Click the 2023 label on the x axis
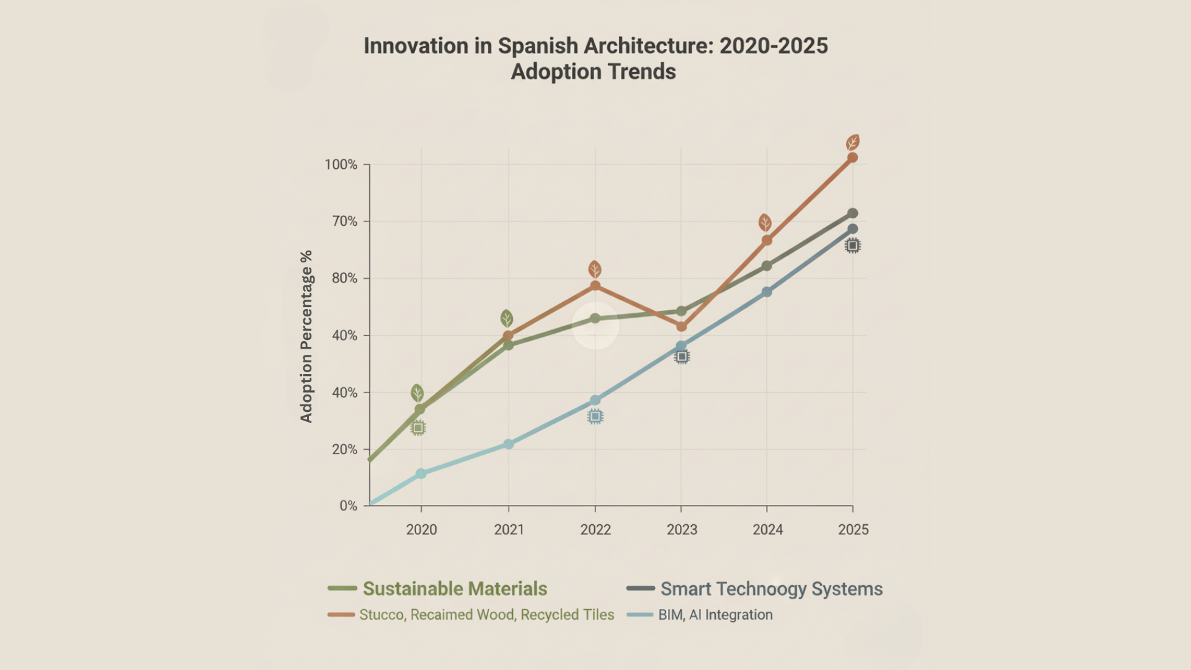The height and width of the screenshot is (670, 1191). pyautogui.click(x=682, y=529)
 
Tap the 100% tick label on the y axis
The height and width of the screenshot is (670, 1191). pyautogui.click(x=341, y=164)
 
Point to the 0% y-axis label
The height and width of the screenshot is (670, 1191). pyautogui.click(x=348, y=506)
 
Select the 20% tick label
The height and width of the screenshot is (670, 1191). pyautogui.click(x=344, y=449)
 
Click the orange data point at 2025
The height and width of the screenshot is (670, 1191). pyautogui.click(x=852, y=158)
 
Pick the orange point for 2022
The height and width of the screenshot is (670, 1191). pyautogui.click(x=595, y=286)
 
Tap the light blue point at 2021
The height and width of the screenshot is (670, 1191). pyautogui.click(x=509, y=444)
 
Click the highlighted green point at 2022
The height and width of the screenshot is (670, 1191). pyautogui.click(x=595, y=318)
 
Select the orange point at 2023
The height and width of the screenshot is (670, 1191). pyautogui.click(x=682, y=326)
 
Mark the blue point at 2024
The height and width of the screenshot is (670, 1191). pyautogui.click(x=767, y=292)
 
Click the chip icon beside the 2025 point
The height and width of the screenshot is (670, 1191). pyautogui.click(x=852, y=246)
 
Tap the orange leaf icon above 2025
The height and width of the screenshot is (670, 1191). pyautogui.click(x=853, y=143)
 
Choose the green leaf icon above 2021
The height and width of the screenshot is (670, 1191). pyautogui.click(x=507, y=318)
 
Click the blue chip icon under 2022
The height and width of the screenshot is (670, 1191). pyautogui.click(x=595, y=417)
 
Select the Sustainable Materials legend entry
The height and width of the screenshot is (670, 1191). pyautogui.click(x=455, y=588)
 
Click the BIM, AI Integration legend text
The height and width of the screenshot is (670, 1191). pyautogui.click(x=715, y=615)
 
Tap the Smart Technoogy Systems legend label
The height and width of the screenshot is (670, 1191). pyautogui.click(x=771, y=588)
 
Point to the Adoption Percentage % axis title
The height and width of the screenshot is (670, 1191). pyautogui.click(x=306, y=336)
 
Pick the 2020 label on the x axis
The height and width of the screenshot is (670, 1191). pyautogui.click(x=421, y=529)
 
